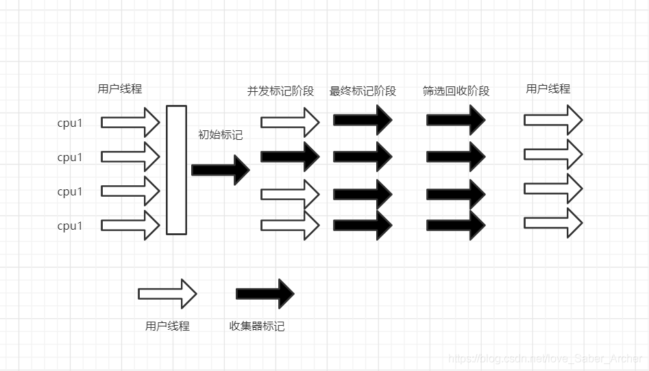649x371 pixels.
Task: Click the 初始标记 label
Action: click(x=220, y=135)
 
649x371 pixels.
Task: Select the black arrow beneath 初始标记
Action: click(x=220, y=170)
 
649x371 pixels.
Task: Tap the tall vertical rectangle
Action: click(x=176, y=169)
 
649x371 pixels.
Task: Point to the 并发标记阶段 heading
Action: click(x=280, y=91)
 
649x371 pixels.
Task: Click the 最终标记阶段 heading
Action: click(x=363, y=91)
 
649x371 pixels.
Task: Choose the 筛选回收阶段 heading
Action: click(x=456, y=91)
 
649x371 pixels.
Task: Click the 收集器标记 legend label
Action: click(x=256, y=326)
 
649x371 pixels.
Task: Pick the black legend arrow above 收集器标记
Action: click(x=265, y=294)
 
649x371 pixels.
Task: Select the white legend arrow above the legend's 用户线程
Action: click(x=167, y=294)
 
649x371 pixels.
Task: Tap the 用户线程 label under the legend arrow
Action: click(x=167, y=326)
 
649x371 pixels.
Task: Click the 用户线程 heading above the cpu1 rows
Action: click(x=120, y=89)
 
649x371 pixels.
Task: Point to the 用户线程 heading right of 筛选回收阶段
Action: click(x=548, y=89)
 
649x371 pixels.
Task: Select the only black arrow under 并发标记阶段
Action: click(x=290, y=156)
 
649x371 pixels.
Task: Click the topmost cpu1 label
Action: click(x=70, y=123)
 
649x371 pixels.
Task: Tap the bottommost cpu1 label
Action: click(x=70, y=226)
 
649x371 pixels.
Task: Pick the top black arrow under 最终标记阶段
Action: click(x=363, y=121)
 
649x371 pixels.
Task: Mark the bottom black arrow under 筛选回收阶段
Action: click(x=456, y=225)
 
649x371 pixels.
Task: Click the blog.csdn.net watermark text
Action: click(x=545, y=359)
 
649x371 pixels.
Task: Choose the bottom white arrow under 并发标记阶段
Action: click(x=290, y=225)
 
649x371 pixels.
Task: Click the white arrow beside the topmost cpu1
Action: click(x=130, y=123)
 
